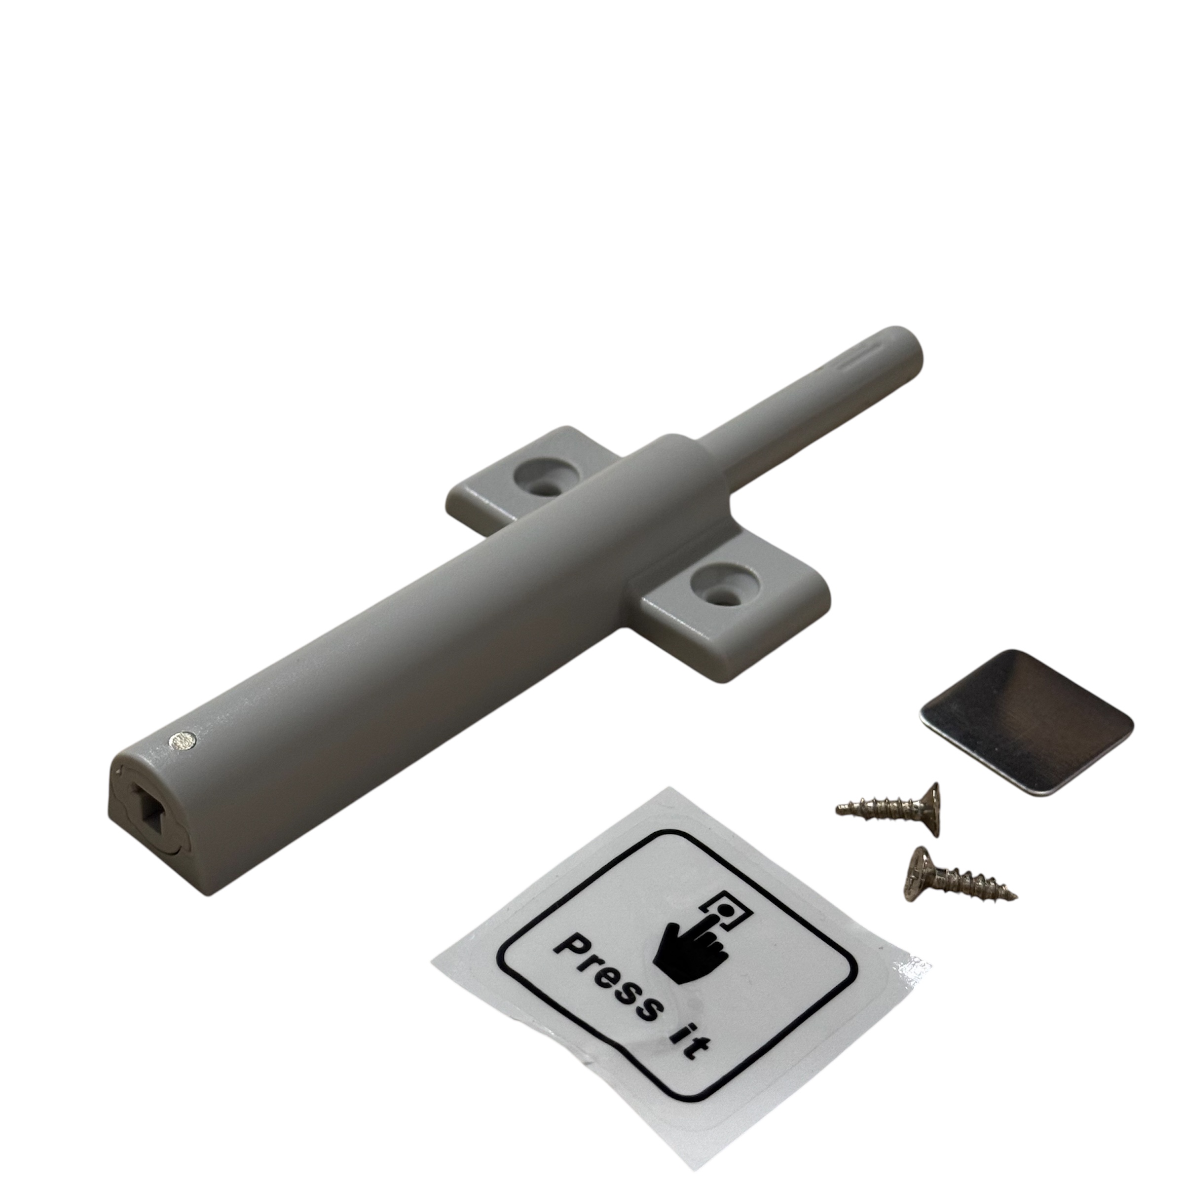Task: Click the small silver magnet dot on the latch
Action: [183, 741]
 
